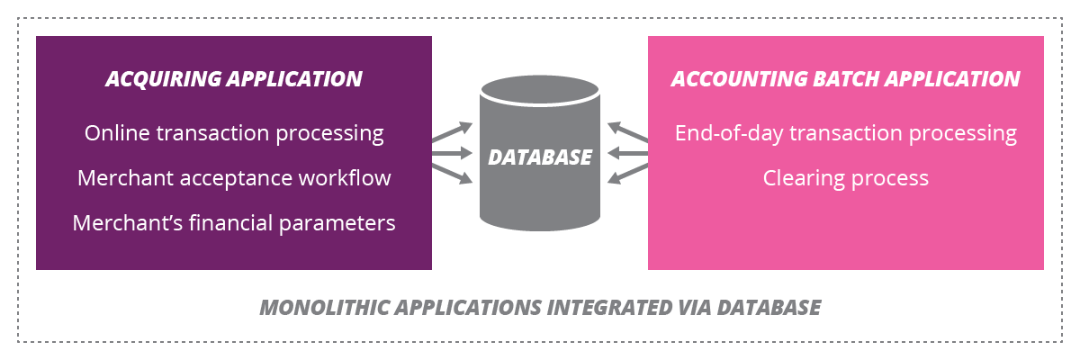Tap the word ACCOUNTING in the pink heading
[727, 79]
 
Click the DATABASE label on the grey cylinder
[540, 157]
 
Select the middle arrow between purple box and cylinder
[452, 153]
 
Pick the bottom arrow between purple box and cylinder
[452, 173]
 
